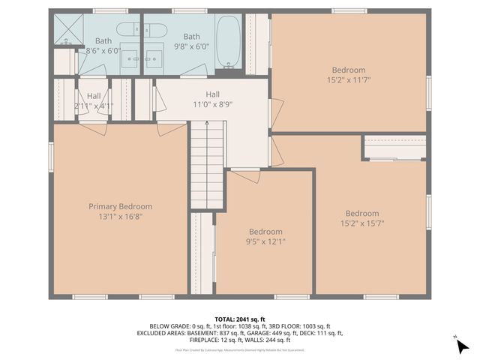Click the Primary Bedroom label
pos(120,206)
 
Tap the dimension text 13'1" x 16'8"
pos(120,216)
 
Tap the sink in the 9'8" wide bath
pos(154,58)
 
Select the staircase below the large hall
pos(206,166)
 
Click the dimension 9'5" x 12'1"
pos(266,241)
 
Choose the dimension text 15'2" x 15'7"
pos(362,223)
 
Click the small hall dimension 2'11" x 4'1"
pos(93,106)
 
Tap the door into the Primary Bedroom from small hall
pos(91,128)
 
